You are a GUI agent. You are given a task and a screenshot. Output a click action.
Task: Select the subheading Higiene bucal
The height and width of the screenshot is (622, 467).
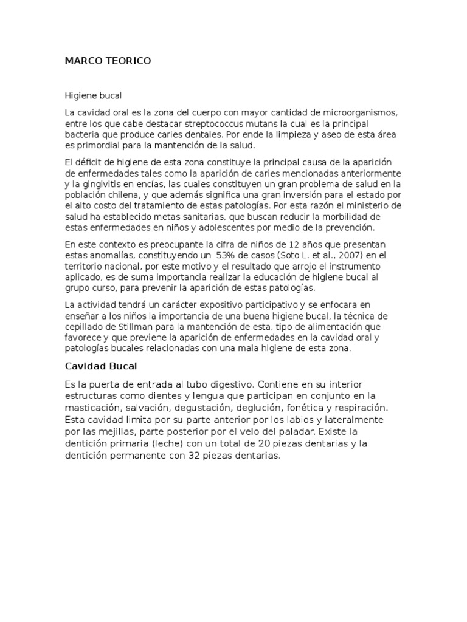click(x=93, y=95)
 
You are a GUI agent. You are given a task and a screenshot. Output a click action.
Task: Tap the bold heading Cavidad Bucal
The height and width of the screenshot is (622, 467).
click(x=101, y=366)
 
